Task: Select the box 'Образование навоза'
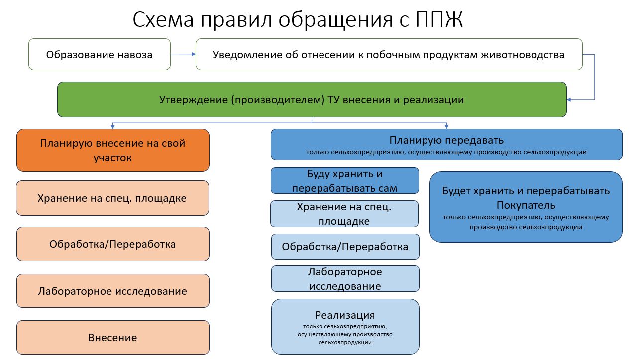point(100,54)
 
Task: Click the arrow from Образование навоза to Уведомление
point(183,54)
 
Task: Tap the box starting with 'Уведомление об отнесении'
point(389,54)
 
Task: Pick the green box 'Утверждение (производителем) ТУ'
point(312,100)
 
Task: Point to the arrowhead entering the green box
point(569,100)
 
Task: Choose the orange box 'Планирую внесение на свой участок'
point(112,150)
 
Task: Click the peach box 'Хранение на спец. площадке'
point(112,198)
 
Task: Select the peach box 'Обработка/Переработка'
point(112,244)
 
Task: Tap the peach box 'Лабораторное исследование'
point(112,291)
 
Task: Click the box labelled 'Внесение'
point(112,337)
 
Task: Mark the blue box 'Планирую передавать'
point(446,145)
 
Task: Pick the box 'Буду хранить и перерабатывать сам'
point(345,181)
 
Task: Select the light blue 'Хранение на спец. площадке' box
point(344,214)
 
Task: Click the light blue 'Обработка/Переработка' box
point(345,246)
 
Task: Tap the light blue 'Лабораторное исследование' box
point(345,278)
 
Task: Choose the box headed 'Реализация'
point(345,327)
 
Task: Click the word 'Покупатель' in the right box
point(526,205)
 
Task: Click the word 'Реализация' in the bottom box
point(345,315)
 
